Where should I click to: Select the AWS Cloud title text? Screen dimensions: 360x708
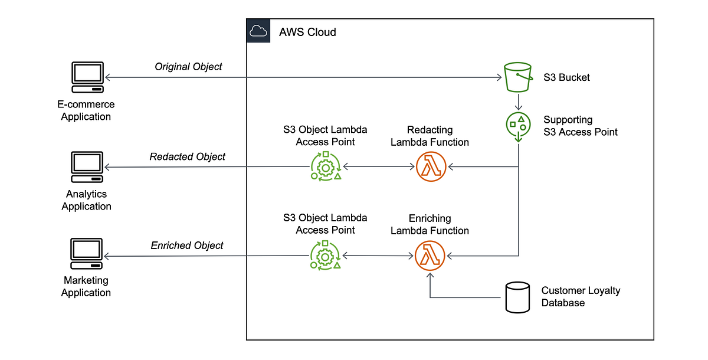tap(307, 32)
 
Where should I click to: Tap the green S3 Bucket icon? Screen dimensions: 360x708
tap(517, 77)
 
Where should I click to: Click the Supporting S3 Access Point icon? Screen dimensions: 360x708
tap(517, 125)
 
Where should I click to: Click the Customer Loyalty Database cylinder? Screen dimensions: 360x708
tap(518, 297)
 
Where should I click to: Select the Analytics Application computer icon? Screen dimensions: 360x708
tap(87, 168)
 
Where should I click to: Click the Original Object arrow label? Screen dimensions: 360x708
tap(188, 67)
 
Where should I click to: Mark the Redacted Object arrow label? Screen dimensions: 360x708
tap(187, 156)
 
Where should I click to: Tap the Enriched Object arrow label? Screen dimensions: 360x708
tap(187, 245)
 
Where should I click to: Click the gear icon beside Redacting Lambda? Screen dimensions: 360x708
tap(326, 167)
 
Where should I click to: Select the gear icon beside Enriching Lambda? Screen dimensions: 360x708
tap(326, 256)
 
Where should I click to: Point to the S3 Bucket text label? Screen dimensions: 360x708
tap(566, 77)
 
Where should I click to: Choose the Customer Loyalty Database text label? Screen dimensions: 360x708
tap(581, 297)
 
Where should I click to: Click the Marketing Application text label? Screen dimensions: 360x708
tap(86, 286)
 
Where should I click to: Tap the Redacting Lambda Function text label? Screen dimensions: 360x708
tap(430, 136)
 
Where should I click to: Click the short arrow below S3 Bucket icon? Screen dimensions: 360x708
tap(517, 101)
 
